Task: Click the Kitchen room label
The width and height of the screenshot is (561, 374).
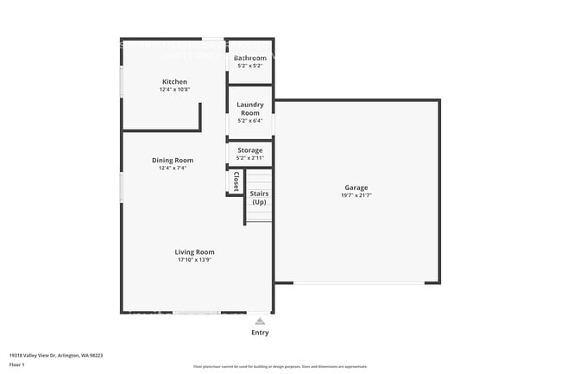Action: (174, 82)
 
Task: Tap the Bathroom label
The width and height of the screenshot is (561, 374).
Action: (250, 58)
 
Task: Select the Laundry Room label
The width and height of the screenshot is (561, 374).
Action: (250, 109)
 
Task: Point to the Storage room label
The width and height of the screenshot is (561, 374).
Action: (250, 150)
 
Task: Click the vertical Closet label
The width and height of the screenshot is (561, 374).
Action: (236, 181)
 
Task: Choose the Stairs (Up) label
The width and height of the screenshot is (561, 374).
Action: (259, 198)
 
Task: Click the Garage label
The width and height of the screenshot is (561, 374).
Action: (356, 187)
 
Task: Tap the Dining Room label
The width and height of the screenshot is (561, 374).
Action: (173, 160)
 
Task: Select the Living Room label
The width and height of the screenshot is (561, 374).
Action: (195, 251)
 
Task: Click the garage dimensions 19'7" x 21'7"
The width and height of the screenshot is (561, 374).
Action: (356, 196)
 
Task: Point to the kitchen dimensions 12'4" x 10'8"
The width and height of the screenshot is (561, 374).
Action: (174, 90)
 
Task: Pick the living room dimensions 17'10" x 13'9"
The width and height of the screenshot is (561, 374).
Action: (195, 259)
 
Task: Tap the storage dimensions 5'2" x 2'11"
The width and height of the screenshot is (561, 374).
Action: (250, 158)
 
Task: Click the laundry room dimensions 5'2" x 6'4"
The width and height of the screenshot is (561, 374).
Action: (250, 121)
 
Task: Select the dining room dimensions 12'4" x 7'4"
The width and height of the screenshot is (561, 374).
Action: (173, 168)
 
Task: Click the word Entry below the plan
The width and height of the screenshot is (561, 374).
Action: (260, 333)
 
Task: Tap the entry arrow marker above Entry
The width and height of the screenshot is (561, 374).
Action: (260, 320)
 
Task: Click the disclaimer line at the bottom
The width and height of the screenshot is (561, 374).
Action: (280, 367)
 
